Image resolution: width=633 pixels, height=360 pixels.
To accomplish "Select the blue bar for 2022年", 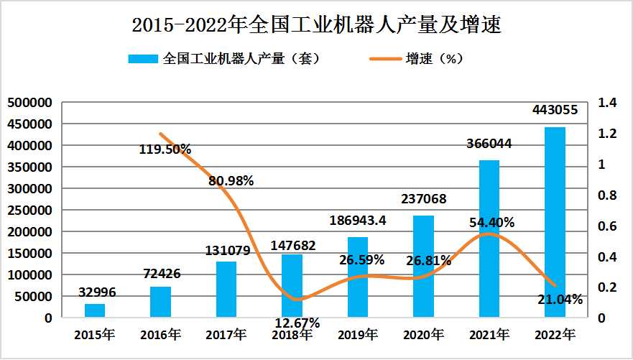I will coord(555,222).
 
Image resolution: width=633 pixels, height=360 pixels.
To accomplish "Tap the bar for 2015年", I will coord(95,310).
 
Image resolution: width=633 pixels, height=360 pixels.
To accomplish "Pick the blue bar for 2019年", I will coord(358,277).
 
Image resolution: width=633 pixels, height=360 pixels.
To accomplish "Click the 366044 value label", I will coord(489,144).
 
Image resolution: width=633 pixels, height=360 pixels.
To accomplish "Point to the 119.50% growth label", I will coord(165,149).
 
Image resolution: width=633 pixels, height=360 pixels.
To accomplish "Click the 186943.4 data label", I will coord(359,220).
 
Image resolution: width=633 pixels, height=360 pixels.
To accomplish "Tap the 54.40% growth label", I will coord(491,223).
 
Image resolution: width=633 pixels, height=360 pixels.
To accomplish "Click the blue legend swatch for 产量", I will coord(144,59).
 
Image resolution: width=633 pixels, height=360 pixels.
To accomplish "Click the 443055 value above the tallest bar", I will coord(554,110).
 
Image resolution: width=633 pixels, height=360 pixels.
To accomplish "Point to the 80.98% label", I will coord(231,181).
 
